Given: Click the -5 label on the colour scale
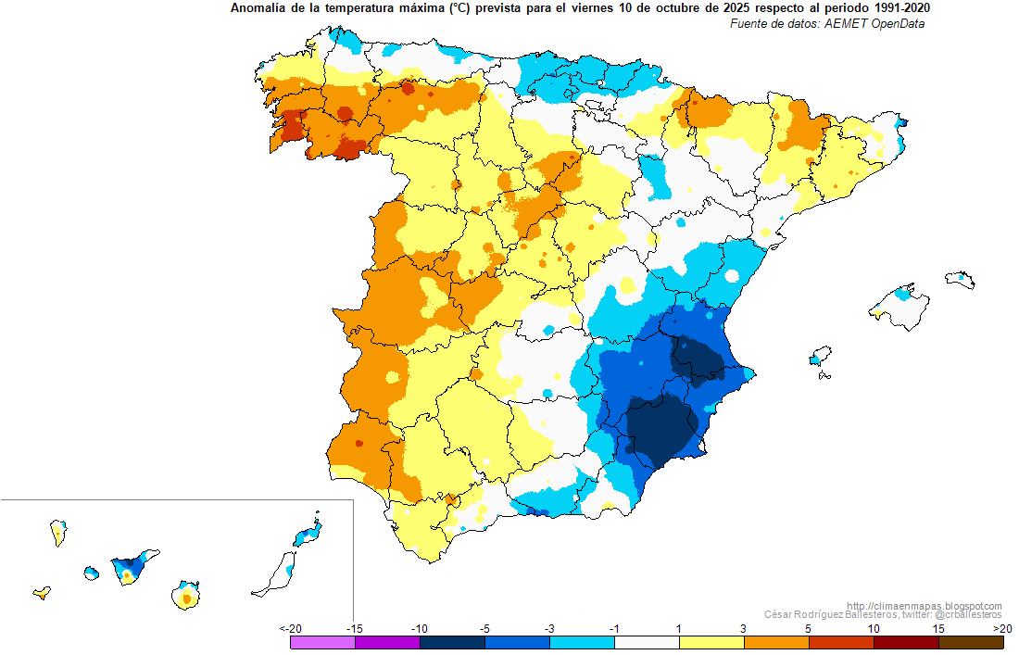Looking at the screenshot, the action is pos(484,628).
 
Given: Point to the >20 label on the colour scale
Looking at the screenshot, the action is pos(1002,628).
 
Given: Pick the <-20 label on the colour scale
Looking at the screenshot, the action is pos(291,628).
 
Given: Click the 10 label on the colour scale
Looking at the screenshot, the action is pos(874,628).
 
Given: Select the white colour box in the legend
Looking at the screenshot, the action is pos(647,642).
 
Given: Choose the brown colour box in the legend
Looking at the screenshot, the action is pos(971,642).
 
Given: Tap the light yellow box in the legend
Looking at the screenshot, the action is pos(711,642).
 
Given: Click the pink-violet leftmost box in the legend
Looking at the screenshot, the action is pos(323,642).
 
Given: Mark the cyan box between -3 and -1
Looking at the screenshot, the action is pos(582,642).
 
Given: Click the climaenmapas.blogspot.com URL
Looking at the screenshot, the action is pos(925,606).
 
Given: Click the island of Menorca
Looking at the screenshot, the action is pos(960,280).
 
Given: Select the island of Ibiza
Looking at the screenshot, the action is pos(820,356).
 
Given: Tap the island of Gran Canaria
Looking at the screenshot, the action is pos(186,595).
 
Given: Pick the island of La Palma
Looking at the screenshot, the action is pos(58,533).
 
